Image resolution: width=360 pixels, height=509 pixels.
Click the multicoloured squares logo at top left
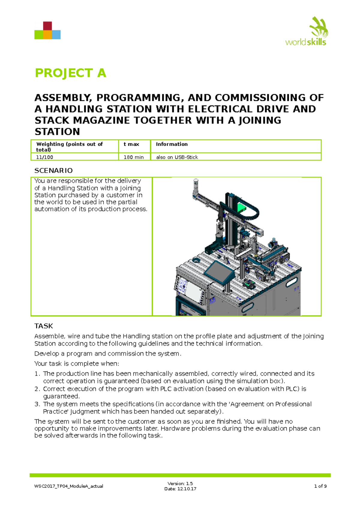click(47, 31)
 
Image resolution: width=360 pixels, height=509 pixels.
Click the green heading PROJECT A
click(70, 73)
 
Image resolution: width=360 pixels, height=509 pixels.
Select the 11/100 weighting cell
click(45, 157)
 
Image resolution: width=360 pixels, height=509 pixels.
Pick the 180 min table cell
click(134, 157)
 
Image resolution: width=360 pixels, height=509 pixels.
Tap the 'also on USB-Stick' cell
click(177, 157)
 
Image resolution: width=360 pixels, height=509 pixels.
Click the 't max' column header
click(131, 144)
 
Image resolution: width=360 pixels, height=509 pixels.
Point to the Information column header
click(172, 144)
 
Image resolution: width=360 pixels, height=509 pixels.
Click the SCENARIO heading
click(53, 171)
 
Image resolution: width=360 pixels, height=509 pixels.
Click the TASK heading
click(43, 326)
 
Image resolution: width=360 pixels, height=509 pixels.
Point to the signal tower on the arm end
click(196, 185)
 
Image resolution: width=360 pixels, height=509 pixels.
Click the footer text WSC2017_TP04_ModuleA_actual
click(69, 486)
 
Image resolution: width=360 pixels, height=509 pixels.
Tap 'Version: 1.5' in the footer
click(180, 484)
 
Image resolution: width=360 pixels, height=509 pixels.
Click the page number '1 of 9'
click(320, 486)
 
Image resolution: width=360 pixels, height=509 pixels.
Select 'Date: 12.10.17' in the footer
click(180, 489)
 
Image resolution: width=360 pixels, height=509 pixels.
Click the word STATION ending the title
click(57, 132)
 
